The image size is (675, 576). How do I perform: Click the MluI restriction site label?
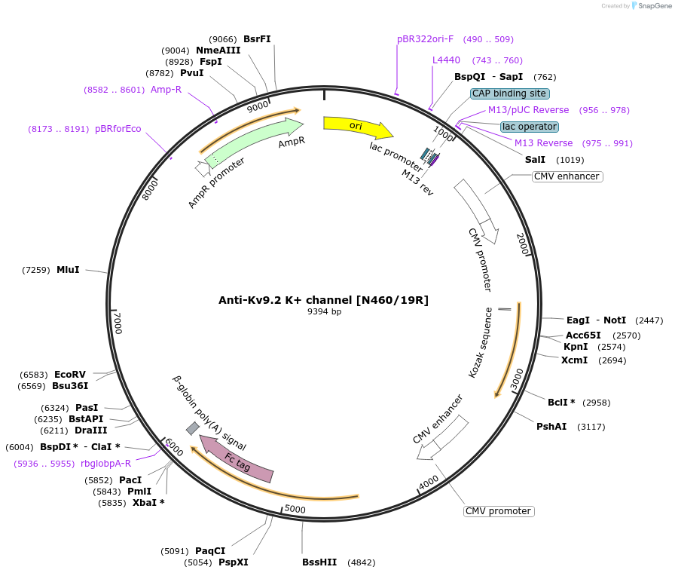coord(68,269)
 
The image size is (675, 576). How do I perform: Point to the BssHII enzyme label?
coord(319,562)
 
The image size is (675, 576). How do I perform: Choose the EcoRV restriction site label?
coord(70,374)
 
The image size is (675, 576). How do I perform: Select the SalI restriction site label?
coord(535,160)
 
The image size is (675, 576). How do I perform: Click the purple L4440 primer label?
coord(446,60)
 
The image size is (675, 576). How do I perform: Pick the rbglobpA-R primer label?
coord(105,464)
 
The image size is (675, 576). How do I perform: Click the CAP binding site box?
coord(510,93)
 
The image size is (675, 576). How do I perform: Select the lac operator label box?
coord(530,127)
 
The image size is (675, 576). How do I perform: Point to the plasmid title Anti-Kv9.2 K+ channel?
coord(323,300)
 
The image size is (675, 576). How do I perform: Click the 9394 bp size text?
coord(324,312)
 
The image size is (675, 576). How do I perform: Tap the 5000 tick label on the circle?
coord(295,509)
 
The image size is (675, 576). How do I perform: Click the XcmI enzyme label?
coord(574,360)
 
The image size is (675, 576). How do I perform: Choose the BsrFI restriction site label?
coord(257,39)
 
